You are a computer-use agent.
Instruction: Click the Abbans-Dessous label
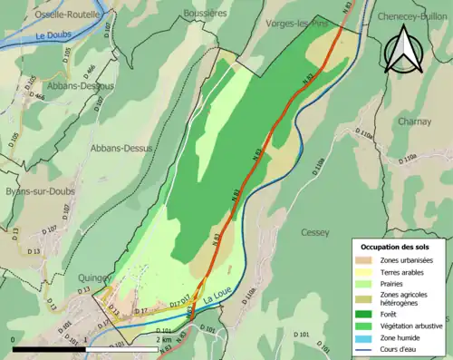tap(78, 85)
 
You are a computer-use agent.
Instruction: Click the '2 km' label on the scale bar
tap(165, 339)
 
